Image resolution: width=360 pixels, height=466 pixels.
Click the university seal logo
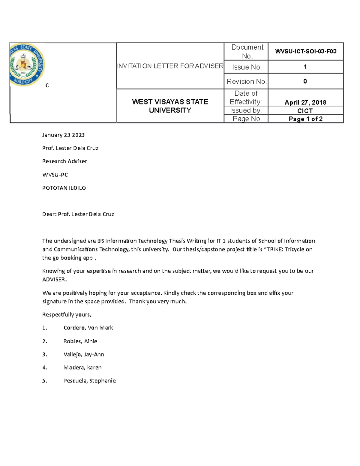27,65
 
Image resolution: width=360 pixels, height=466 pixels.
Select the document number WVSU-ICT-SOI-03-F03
305,51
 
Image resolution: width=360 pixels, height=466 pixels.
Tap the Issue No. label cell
246,67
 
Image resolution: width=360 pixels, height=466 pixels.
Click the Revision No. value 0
305,81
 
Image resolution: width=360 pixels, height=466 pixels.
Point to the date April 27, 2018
305,102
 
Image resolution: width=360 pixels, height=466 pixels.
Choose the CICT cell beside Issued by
305,111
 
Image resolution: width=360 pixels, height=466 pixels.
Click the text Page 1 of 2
305,119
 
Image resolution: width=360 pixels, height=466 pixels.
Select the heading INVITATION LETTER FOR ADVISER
170,66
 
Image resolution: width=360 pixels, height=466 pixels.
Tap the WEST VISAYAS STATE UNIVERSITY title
170,106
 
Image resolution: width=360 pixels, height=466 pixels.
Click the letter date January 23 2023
63,135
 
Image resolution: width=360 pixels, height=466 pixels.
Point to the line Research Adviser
64,161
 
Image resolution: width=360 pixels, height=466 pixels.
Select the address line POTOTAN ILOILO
64,188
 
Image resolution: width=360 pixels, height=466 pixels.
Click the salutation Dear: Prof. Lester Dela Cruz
78,214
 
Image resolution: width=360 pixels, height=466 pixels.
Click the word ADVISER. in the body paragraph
54,279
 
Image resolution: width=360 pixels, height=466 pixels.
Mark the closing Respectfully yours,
67,314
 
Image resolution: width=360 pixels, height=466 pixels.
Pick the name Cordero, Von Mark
88,328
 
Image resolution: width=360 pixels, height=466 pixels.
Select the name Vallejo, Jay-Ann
84,354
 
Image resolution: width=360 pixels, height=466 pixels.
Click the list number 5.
45,381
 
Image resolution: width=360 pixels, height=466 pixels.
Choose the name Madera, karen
82,368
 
